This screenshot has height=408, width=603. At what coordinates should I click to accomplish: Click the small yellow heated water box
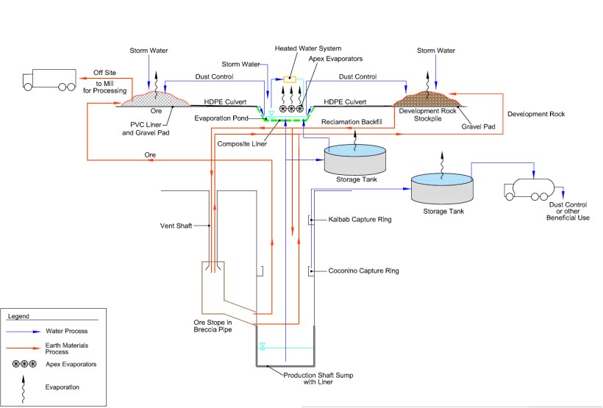coord(290,79)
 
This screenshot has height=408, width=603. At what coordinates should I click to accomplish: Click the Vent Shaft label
coord(176,225)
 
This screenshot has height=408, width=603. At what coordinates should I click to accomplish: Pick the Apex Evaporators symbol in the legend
coord(27,364)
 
